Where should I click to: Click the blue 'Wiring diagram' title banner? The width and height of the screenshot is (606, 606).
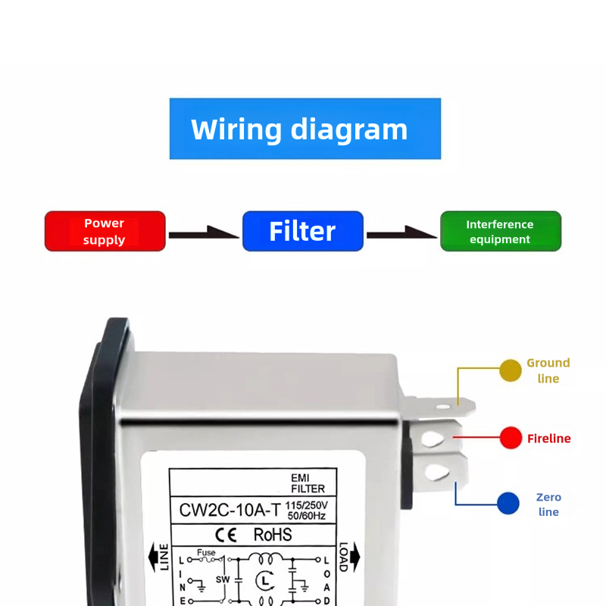point(305,129)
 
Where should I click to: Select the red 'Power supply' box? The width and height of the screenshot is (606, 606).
point(105,231)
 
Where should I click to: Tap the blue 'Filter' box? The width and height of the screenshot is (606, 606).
point(302,231)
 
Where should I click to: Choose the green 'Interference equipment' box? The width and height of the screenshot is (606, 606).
point(500,231)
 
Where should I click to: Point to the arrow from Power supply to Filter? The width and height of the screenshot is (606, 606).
point(203,234)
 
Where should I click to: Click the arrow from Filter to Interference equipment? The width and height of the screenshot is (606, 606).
point(401,234)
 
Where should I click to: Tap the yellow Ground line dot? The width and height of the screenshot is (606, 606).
point(511,370)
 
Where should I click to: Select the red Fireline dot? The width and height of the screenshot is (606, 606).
point(511,438)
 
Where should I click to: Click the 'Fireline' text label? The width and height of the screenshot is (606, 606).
point(548,439)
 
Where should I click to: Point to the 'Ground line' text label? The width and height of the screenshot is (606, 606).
point(548,370)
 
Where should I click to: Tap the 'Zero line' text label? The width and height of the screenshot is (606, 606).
point(548,504)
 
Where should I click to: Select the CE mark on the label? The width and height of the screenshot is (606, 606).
point(227,535)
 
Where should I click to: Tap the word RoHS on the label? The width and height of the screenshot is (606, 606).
point(272,535)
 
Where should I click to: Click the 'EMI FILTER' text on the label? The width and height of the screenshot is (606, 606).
point(308,483)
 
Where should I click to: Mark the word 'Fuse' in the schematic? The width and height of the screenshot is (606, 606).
point(206,553)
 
